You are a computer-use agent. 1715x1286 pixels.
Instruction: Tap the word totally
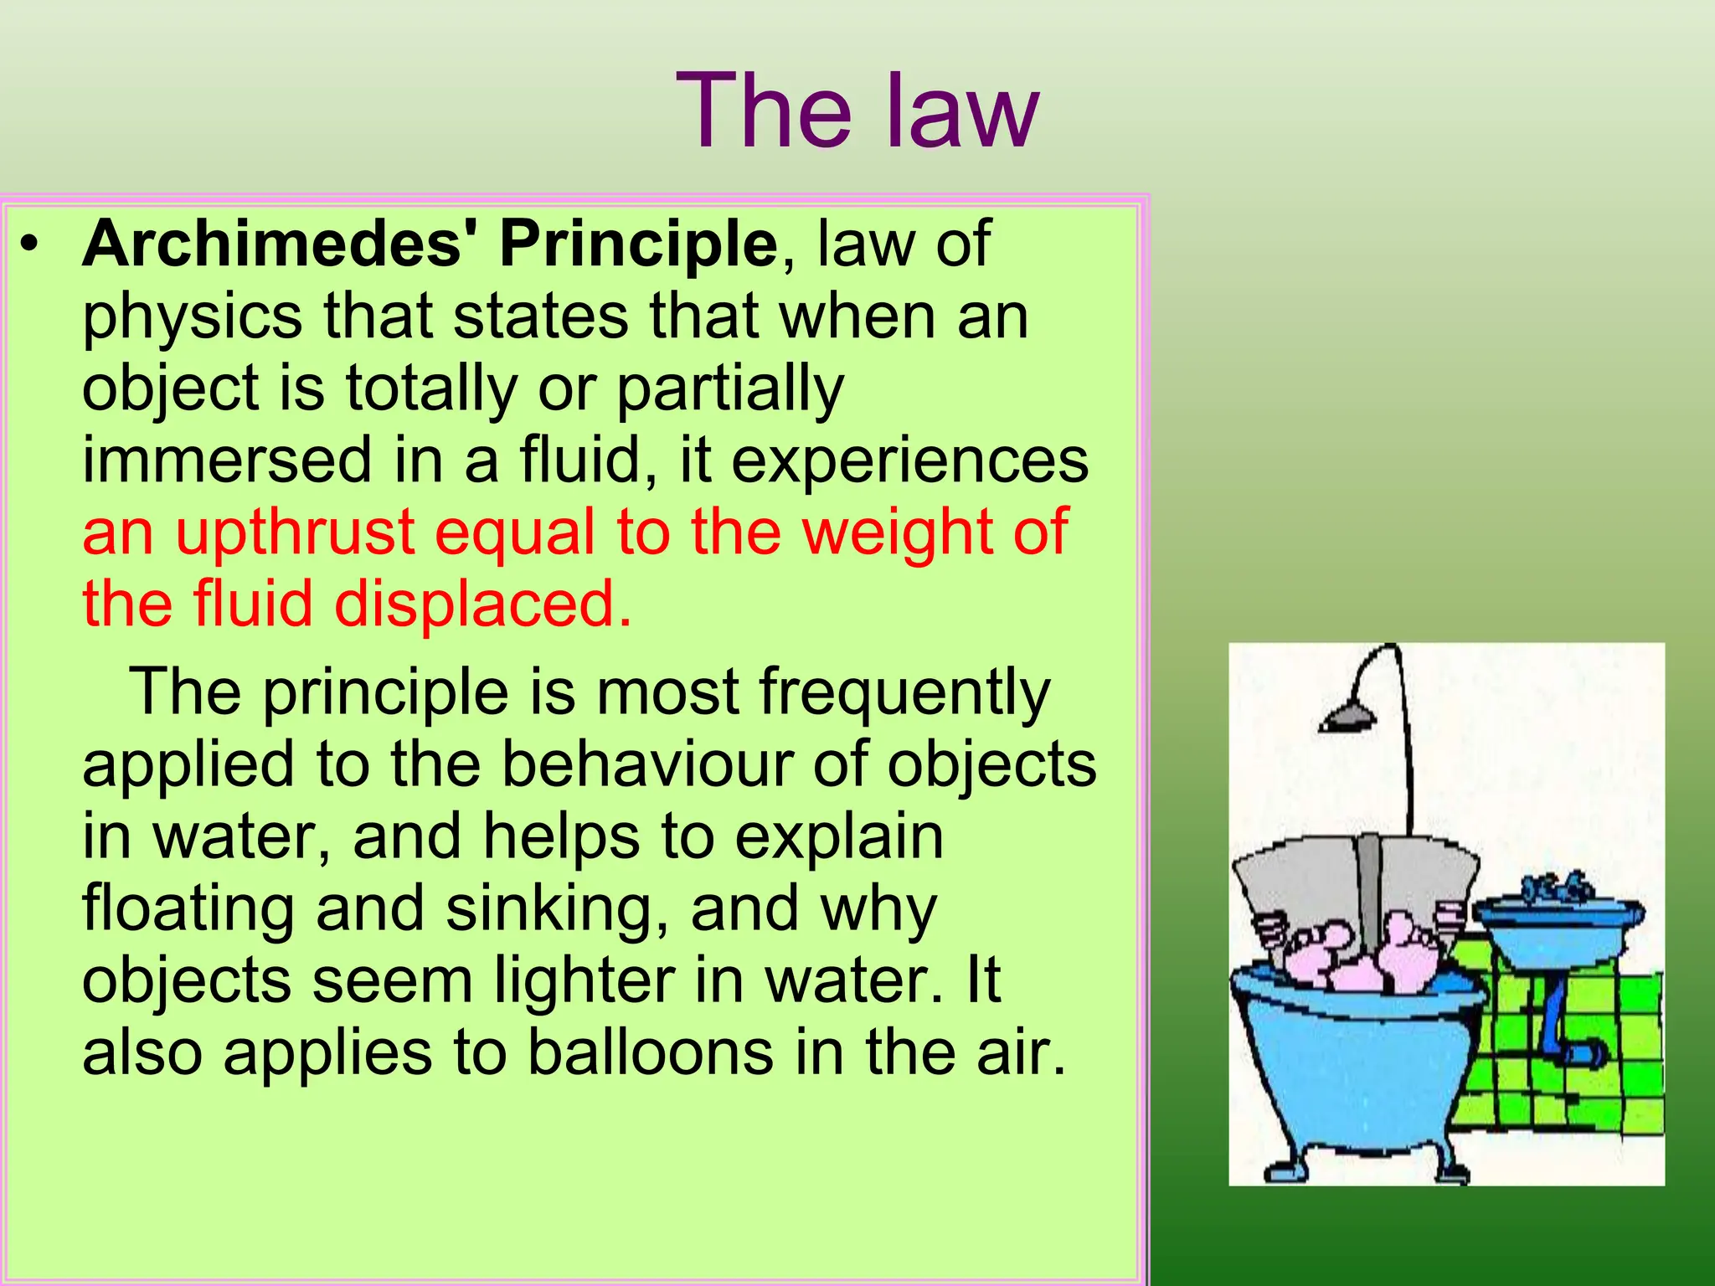(431, 389)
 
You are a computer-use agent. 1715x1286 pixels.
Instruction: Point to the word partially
(730, 389)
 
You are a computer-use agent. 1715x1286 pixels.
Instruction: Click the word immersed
(226, 460)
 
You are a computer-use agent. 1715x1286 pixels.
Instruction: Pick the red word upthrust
(295, 532)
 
